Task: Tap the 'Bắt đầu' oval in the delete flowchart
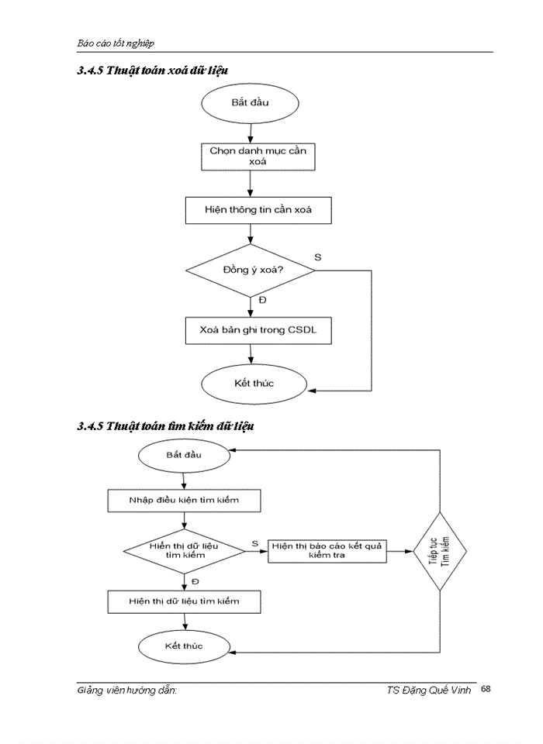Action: (x=250, y=103)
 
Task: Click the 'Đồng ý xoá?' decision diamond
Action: (x=250, y=270)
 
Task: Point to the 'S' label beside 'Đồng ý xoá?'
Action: (x=317, y=256)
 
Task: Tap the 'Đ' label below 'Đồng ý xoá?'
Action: (x=262, y=300)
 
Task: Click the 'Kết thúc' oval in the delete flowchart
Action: (x=254, y=384)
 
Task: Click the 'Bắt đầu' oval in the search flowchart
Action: (x=184, y=455)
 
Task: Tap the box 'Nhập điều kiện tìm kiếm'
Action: (x=184, y=501)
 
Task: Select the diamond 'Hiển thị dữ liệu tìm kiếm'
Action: (x=184, y=551)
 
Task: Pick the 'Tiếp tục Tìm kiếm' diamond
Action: (x=440, y=551)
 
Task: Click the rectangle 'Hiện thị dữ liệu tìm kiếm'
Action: (x=184, y=601)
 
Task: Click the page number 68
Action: (x=486, y=689)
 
